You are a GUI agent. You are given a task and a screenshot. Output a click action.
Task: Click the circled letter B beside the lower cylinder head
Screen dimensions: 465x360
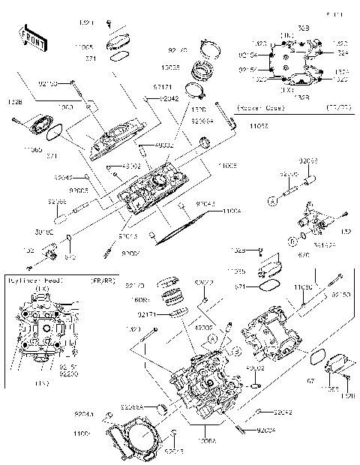[x=235, y=350]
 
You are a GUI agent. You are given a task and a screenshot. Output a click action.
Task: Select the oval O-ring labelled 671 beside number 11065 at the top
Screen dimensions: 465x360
[x=116, y=56]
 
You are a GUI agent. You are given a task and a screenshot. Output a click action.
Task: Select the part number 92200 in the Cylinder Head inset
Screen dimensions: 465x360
[x=69, y=372]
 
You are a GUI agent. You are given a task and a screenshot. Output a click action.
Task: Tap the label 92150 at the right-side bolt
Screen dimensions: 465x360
[x=340, y=295]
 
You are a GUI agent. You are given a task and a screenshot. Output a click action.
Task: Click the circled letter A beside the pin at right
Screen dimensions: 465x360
[x=274, y=201]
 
